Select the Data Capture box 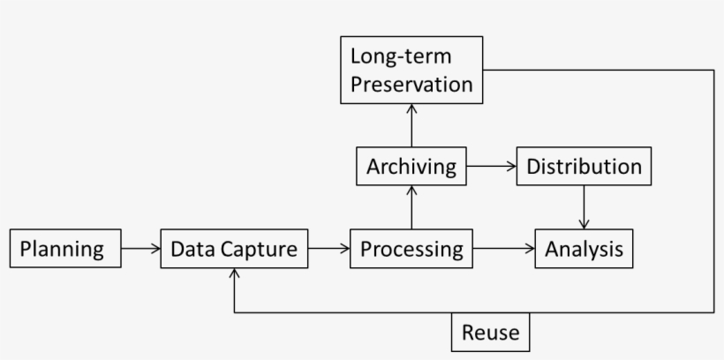234,249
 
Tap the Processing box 411,249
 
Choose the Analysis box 584,249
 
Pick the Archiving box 411,166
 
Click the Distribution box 584,166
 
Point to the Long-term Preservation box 411,71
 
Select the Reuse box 491,334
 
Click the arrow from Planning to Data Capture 140,249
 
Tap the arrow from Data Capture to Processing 328,249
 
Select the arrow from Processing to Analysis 504,249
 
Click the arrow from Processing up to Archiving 411,207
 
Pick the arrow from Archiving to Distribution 491,166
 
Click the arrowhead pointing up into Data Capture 234,275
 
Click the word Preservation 411,85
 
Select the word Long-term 400,56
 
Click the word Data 192,249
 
